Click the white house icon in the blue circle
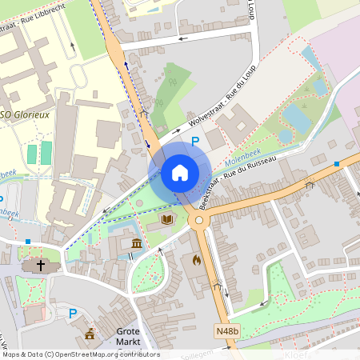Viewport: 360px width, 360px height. point(180,173)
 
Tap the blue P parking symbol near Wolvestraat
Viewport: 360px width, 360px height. point(195,142)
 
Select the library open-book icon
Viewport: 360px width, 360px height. point(167,218)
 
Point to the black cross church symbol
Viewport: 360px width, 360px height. point(41,266)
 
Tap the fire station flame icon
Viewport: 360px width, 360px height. point(197,259)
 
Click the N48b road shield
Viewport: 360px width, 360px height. point(226,330)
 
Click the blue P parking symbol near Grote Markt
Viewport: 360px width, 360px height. point(73,314)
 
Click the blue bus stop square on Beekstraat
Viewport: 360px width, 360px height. point(337,163)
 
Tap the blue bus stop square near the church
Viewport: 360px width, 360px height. point(28,241)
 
